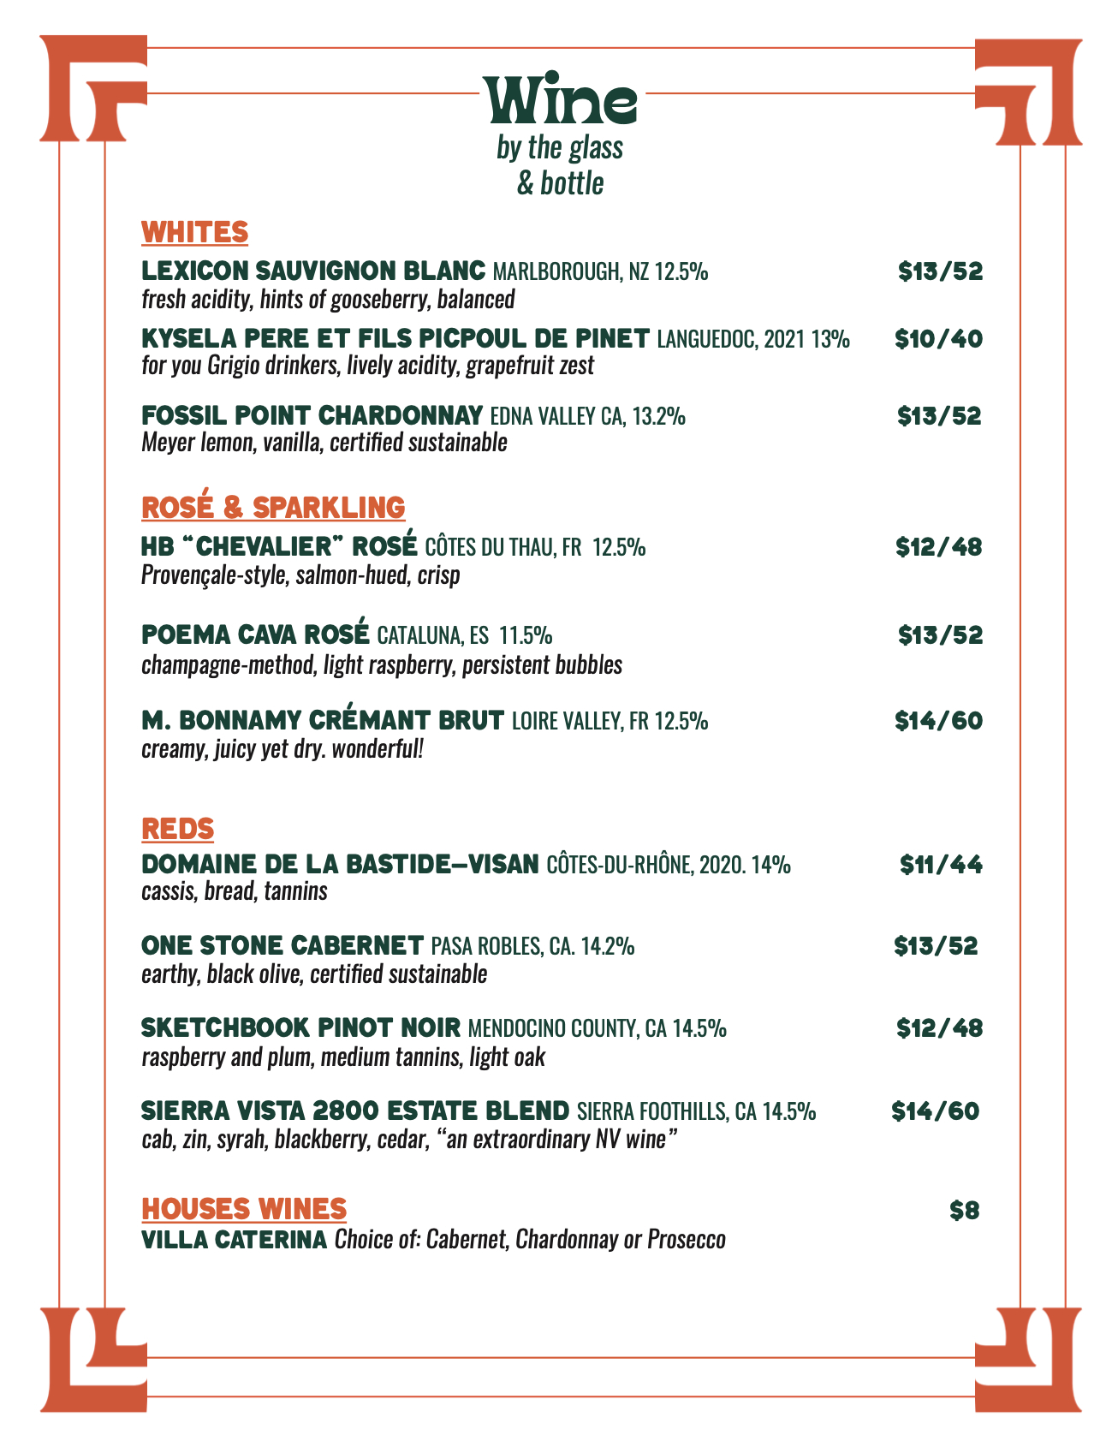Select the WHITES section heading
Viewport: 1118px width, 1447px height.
tap(194, 232)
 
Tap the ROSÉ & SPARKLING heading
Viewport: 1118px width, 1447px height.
tap(272, 507)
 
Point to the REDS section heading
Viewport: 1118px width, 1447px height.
tap(177, 829)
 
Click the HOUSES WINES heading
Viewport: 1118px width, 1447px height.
tap(244, 1209)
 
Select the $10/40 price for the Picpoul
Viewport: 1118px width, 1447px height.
tap(938, 340)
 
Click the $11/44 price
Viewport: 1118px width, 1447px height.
tap(941, 865)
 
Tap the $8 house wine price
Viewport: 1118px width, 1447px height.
tap(965, 1211)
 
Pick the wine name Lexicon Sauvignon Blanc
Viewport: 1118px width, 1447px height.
tap(313, 271)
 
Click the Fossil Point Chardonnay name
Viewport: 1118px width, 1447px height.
tap(312, 416)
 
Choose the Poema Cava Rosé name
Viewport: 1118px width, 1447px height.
tap(255, 635)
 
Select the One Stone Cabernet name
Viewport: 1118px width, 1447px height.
tap(282, 946)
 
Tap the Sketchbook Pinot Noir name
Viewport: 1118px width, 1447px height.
tap(300, 1027)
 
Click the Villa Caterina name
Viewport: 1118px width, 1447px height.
tap(234, 1240)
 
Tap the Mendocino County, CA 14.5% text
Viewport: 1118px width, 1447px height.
tap(598, 1028)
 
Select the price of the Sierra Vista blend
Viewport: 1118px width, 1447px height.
tap(935, 1111)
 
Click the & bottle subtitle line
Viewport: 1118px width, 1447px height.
tap(560, 183)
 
